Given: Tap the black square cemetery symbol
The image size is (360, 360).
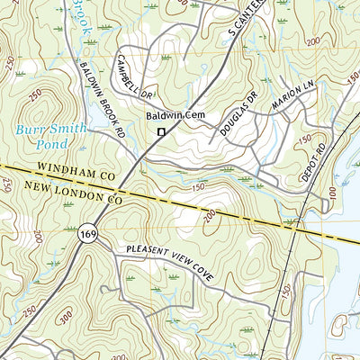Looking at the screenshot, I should [x=161, y=133].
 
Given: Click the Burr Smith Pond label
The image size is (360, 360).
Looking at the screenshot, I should [x=50, y=135].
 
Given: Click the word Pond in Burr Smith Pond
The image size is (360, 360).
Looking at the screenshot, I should [x=50, y=142].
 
